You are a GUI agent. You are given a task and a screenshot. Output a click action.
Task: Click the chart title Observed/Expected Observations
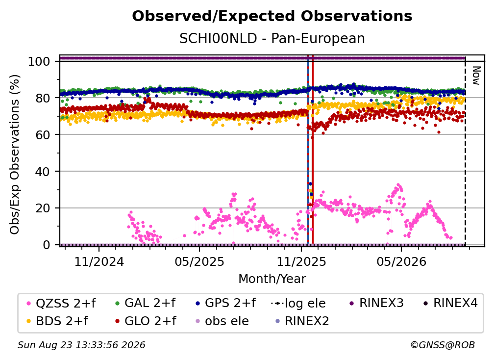pos(272,16)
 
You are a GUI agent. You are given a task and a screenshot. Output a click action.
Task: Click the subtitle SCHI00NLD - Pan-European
pos(272,38)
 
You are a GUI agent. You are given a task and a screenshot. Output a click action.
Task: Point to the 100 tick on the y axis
pos(39,61)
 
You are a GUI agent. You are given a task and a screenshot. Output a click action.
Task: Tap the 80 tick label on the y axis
pos(43,98)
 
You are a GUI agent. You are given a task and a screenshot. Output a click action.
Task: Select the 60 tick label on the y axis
pos(43,135)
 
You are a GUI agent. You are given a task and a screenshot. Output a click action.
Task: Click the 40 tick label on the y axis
pos(43,172)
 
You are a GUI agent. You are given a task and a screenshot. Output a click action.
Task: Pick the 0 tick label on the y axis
pos(47,245)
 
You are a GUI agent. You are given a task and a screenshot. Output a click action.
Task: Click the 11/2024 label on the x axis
pos(99,261)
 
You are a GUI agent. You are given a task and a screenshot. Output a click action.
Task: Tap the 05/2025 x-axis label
pos(199,261)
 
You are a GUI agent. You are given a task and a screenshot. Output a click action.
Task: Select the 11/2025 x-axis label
pos(301,261)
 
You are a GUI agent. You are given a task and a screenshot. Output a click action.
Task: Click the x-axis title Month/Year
pos(272,279)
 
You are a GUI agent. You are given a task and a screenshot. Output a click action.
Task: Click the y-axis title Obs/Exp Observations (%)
pos(15,154)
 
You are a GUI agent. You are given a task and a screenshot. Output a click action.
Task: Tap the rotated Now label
pos(476,76)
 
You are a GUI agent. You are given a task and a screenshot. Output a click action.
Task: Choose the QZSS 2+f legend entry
pos(61,303)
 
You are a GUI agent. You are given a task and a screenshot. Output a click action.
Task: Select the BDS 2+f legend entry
pos(57,321)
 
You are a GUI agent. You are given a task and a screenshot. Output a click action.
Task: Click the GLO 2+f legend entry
pos(146,321)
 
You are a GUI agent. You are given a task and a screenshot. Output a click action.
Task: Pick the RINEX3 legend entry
pos(376,303)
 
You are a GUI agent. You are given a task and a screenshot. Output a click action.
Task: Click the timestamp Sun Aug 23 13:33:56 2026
pos(81,345)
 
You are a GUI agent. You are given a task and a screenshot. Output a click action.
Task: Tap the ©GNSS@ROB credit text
pos(443,345)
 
